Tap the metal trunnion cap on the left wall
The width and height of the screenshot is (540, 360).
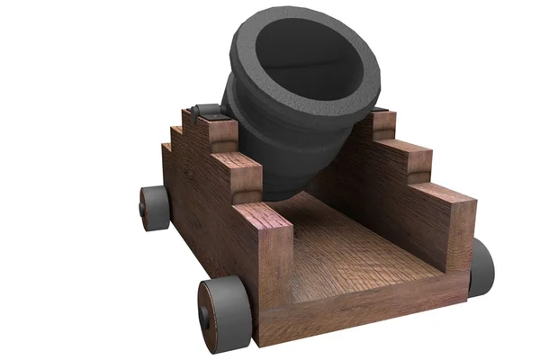(208, 111)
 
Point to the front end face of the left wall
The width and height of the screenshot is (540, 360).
(275, 279)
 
